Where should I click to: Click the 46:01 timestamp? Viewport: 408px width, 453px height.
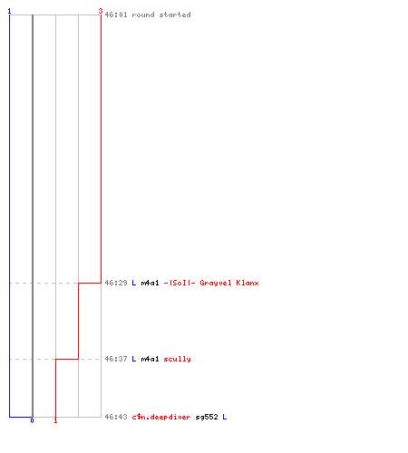click(116, 14)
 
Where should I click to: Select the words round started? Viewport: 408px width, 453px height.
click(161, 14)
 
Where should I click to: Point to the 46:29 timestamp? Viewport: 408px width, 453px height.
click(116, 283)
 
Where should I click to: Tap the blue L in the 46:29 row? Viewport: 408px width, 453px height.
click(134, 283)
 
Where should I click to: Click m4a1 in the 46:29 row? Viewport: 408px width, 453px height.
click(150, 283)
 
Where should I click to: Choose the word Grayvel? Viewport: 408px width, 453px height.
click(216, 283)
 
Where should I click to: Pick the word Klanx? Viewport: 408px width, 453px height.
click(248, 283)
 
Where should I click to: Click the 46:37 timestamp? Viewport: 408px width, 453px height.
click(116, 359)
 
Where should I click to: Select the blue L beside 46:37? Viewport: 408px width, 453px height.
click(134, 359)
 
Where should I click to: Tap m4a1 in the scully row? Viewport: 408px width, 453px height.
click(150, 359)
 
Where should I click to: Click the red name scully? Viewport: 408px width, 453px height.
click(177, 359)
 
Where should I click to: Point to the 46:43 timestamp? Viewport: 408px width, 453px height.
click(116, 417)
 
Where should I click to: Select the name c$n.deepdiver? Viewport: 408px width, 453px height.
click(161, 417)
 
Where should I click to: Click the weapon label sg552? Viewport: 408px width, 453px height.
click(207, 417)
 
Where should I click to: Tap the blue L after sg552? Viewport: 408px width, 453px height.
click(225, 417)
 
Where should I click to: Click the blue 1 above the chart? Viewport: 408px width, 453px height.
click(9, 11)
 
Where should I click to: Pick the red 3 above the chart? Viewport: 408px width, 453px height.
click(101, 11)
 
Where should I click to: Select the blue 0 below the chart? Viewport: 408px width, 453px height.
click(32, 420)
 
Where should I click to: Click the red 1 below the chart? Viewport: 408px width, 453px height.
click(55, 420)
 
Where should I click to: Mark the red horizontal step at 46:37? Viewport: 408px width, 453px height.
click(67, 359)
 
